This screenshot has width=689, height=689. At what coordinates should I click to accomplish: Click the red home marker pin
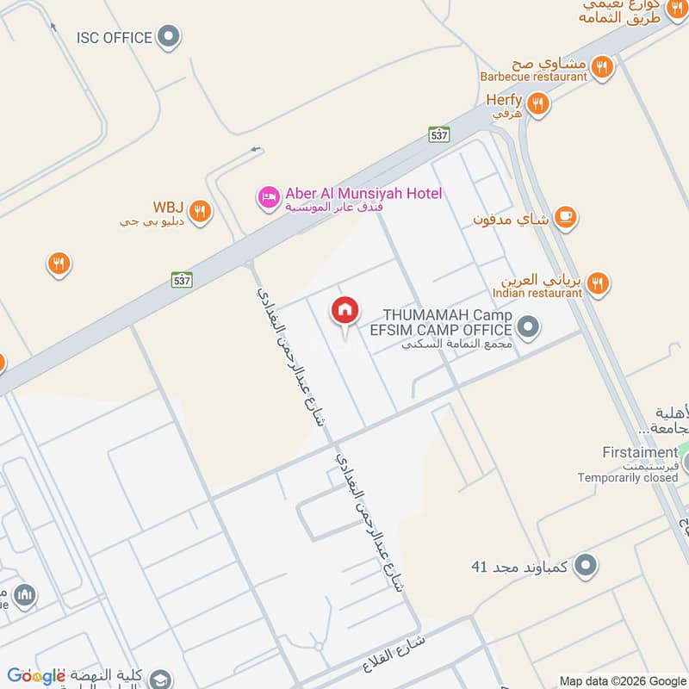pyautogui.click(x=345, y=311)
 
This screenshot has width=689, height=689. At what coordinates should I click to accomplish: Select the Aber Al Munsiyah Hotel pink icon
pyautogui.click(x=269, y=197)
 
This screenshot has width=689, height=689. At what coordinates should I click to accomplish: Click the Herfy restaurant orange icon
pyautogui.click(x=539, y=104)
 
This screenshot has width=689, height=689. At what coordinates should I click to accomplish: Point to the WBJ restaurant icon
pyautogui.click(x=200, y=211)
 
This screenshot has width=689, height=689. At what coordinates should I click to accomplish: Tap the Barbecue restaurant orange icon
pyautogui.click(x=602, y=66)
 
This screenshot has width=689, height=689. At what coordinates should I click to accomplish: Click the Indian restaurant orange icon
pyautogui.click(x=597, y=282)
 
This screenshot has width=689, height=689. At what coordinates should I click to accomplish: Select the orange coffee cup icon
pyautogui.click(x=566, y=217)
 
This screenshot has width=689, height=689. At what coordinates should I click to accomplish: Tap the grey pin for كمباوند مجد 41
pyautogui.click(x=587, y=565)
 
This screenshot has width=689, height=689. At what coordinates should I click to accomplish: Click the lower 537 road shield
pyautogui.click(x=181, y=280)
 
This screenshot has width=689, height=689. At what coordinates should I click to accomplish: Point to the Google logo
pyautogui.click(x=36, y=676)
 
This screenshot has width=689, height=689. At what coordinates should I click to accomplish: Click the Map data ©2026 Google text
pyautogui.click(x=622, y=680)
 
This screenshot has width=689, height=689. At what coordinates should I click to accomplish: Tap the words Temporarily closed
pyautogui.click(x=628, y=478)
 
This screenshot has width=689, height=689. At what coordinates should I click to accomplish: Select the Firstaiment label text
pyautogui.click(x=640, y=453)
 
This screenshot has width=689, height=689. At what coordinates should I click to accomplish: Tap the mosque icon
pyautogui.click(x=25, y=594)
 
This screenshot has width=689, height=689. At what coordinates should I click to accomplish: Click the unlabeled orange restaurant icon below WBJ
pyautogui.click(x=59, y=264)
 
